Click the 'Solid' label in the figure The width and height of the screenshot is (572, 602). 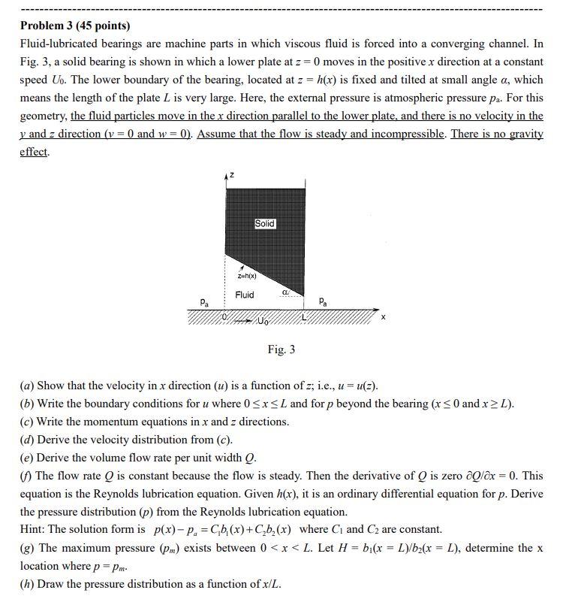point(265,224)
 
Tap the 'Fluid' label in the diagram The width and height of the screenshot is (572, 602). point(245,295)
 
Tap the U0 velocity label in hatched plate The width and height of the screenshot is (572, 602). point(262,322)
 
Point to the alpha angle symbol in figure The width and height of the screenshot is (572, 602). point(285,292)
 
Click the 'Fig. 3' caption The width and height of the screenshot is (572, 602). point(281,349)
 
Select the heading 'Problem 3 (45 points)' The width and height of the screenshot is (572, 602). point(75,26)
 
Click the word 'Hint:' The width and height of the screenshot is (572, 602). point(35,529)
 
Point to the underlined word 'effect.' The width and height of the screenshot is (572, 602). point(35,152)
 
